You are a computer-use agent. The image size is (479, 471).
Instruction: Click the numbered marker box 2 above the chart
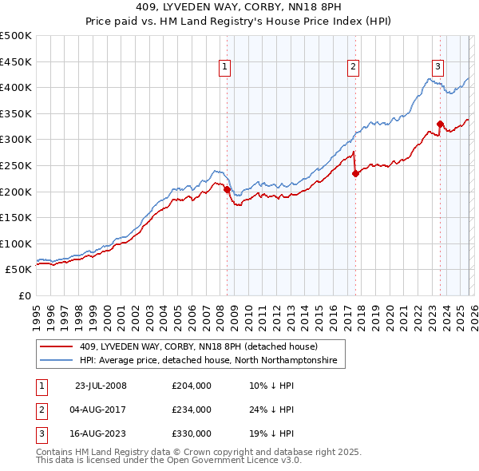coord(353,67)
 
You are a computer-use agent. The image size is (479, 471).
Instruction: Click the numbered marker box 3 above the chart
coord(438,67)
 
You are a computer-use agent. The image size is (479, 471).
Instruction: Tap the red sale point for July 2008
coord(227,190)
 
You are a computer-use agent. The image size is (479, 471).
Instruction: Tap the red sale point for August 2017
coord(355,174)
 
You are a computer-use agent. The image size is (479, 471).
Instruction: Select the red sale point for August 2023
coord(440,124)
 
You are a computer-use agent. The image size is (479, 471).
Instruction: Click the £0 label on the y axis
coord(25,295)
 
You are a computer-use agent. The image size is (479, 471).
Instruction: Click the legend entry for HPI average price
coord(208,361)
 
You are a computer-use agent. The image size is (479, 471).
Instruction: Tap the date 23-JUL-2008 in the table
coord(100,386)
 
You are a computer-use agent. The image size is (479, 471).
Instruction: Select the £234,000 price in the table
coord(191,410)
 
